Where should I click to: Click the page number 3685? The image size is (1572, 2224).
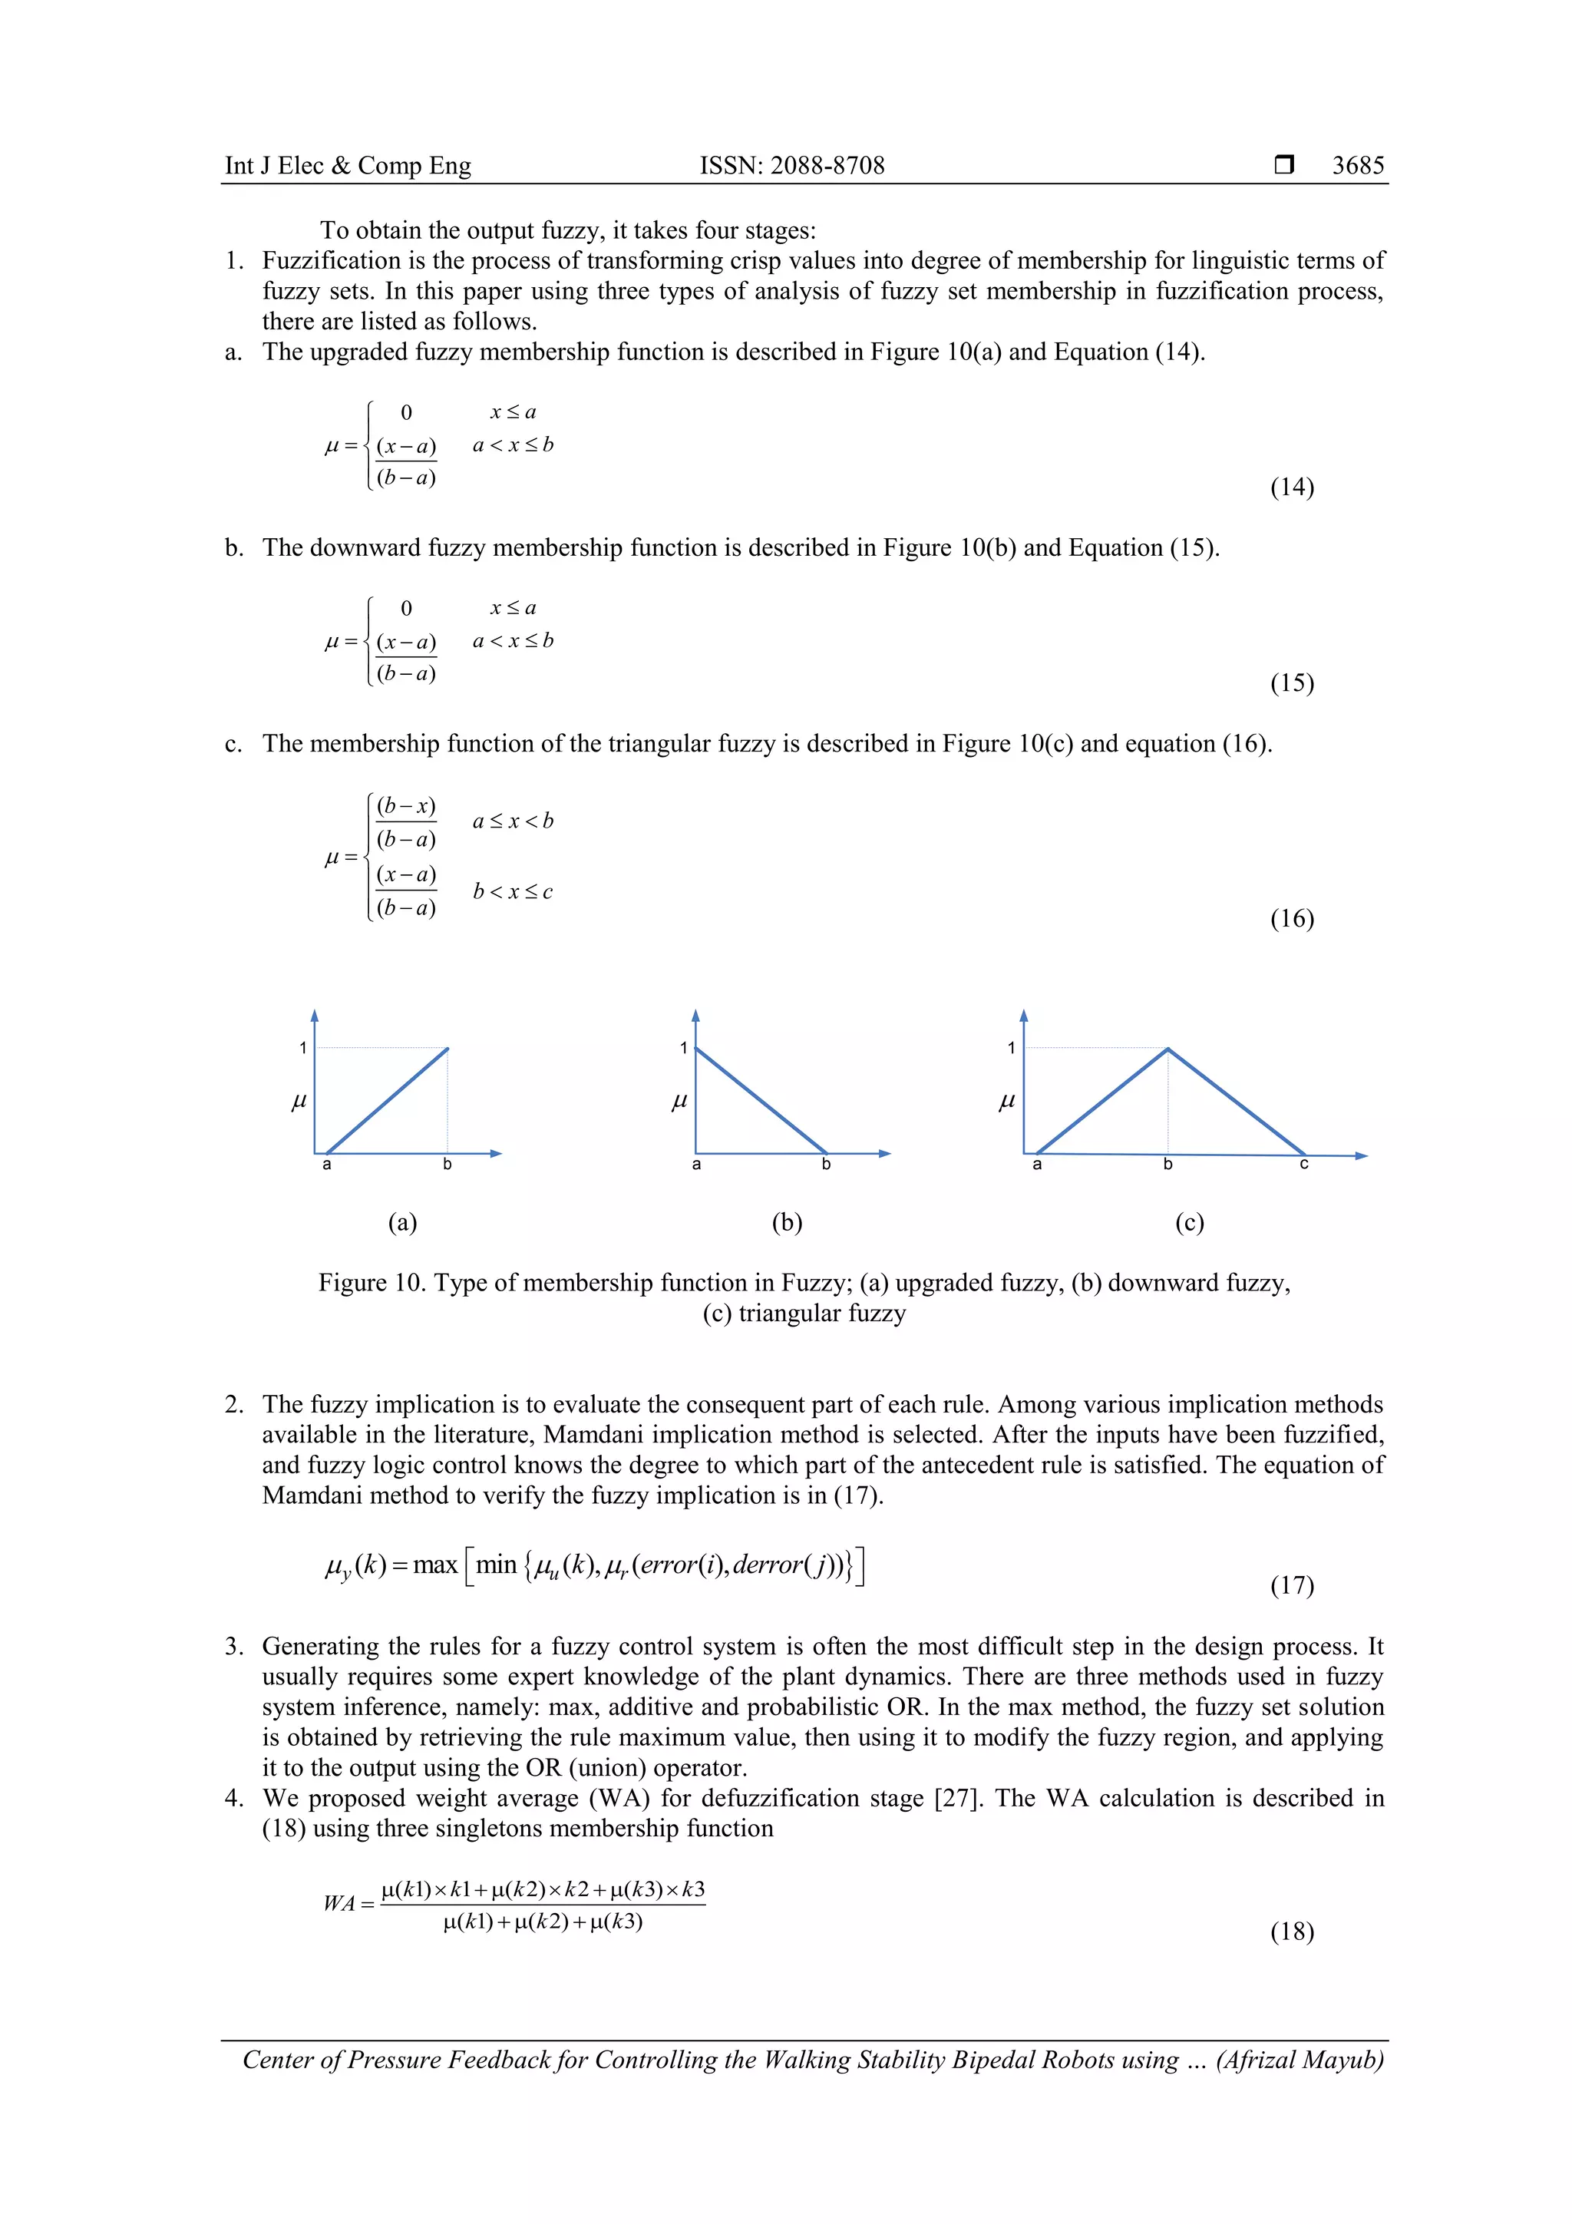(x=1357, y=166)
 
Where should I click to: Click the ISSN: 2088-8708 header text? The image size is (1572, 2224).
(x=791, y=166)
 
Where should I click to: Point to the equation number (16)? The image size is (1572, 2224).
(x=1291, y=918)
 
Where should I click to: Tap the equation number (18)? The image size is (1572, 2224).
(x=1291, y=1932)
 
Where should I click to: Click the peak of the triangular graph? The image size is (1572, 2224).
(x=1167, y=1049)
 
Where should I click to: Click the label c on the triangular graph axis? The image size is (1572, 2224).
(x=1303, y=1165)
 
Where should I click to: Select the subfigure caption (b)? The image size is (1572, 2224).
(x=787, y=1222)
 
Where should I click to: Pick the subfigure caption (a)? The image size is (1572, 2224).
(x=402, y=1222)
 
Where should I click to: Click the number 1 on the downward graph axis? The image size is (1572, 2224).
(x=683, y=1048)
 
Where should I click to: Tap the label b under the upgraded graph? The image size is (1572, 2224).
(x=447, y=1165)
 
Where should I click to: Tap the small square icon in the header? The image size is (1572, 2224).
(x=1283, y=164)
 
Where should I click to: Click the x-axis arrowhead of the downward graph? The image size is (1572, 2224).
(x=884, y=1154)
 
